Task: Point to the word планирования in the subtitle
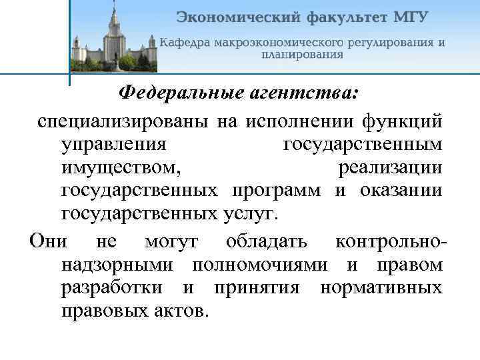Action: [301, 55]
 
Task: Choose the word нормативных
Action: [381, 288]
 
